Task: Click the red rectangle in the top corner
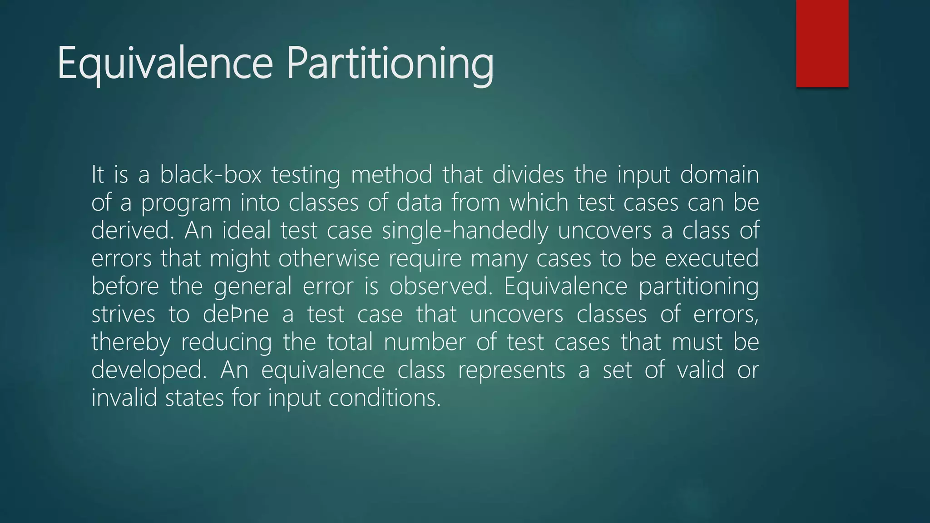coord(822,43)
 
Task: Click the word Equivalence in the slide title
coord(165,64)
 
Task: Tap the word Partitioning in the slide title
coord(390,64)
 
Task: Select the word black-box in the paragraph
coord(211,175)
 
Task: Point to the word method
coord(391,175)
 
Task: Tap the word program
coord(186,203)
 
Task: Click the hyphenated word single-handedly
coord(465,231)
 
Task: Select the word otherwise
coord(329,258)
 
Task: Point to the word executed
coord(712,258)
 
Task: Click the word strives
coord(123,314)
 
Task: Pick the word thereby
coord(131,342)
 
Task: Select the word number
coord(425,342)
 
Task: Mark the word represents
coord(511,370)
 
